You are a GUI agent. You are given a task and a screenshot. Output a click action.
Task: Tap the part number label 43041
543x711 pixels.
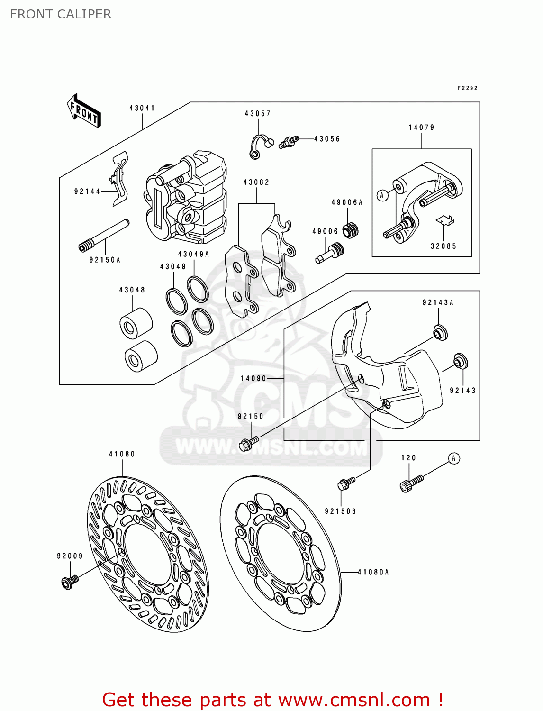[x=142, y=108]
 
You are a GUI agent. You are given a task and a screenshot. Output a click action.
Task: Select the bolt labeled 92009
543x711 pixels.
[x=69, y=582]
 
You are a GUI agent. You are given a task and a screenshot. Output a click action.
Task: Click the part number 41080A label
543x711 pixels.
[x=373, y=572]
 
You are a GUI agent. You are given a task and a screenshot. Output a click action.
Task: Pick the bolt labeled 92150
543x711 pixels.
[x=248, y=444]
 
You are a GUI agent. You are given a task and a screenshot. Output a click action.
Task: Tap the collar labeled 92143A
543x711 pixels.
[x=440, y=332]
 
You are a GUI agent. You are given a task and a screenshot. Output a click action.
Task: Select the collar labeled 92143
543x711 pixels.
[x=460, y=361]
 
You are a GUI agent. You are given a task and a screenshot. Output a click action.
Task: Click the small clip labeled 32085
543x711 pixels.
[x=445, y=220]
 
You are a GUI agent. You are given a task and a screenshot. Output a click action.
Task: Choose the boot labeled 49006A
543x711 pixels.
[x=351, y=230]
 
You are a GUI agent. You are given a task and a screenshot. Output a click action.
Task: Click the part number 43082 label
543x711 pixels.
[x=256, y=182]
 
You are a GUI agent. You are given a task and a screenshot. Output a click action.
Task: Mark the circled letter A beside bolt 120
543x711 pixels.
[x=453, y=458]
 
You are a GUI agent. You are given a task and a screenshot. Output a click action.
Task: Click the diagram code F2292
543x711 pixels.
[x=467, y=88]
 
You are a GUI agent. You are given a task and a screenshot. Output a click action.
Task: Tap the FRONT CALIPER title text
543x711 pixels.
[x=61, y=14]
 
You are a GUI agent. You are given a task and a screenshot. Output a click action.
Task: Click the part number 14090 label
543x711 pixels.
[x=253, y=378]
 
